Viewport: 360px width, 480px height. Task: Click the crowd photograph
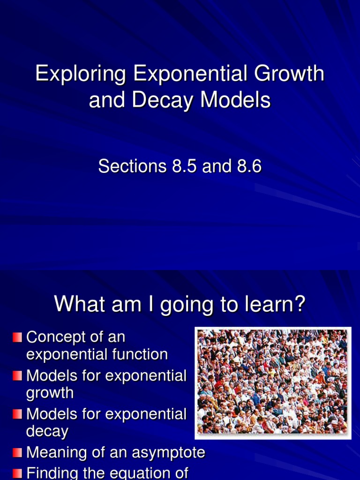pyautogui.click(x=273, y=382)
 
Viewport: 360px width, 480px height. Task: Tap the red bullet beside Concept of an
pyautogui.click(x=17, y=337)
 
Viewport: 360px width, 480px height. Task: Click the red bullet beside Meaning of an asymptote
pyautogui.click(x=17, y=452)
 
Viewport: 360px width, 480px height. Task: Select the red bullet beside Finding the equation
pyautogui.click(x=17, y=472)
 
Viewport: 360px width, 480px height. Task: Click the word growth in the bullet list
pyautogui.click(x=50, y=393)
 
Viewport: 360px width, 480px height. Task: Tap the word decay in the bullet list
pyautogui.click(x=47, y=431)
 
